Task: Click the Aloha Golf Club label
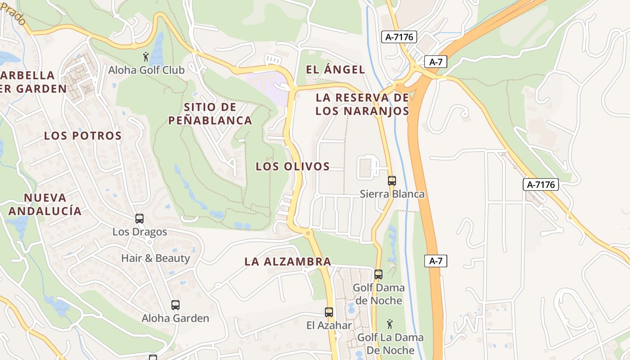coord(146,70)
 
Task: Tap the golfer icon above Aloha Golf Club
coord(146,57)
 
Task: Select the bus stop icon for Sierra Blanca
coord(392,181)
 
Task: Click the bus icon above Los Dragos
coord(139,219)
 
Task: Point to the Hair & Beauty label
coord(155,258)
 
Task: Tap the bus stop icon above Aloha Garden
coord(175,305)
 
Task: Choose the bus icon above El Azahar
coord(329,312)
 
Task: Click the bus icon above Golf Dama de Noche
coord(378,274)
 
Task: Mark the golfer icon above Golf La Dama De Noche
coord(390,324)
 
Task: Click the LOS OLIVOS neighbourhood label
coord(293,166)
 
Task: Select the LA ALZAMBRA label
coord(288,261)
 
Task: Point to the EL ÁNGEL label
coord(335,70)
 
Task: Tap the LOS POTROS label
coord(83,136)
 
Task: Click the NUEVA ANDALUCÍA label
coord(45,204)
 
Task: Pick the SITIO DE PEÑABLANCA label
coord(210,114)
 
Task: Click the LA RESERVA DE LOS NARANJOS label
coord(362,104)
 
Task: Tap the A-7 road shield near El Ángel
coord(436,62)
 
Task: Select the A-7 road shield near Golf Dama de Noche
coord(436,261)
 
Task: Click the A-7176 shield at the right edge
coord(540,184)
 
